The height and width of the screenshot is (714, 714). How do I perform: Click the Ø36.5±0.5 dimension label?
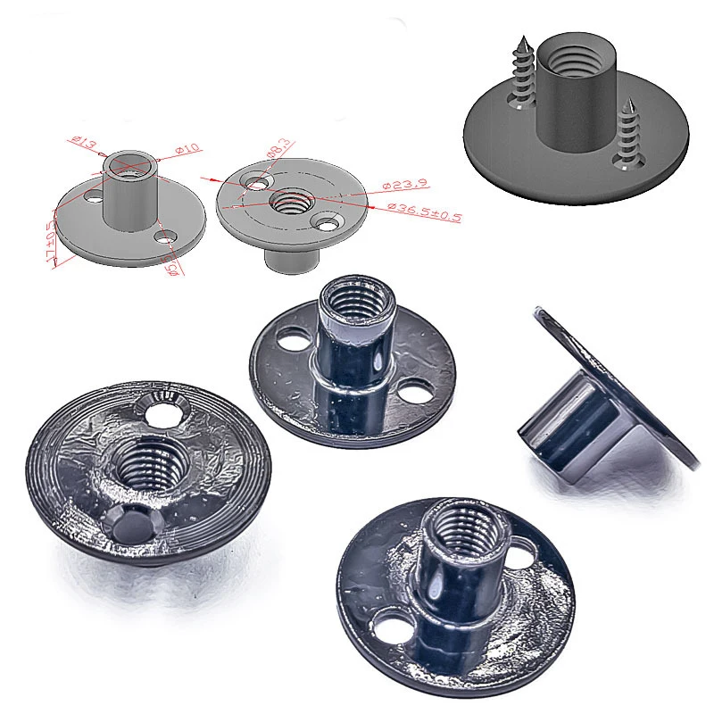(424, 212)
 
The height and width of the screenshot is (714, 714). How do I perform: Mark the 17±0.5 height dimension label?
(56, 238)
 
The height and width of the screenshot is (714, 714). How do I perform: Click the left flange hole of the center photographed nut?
(291, 340)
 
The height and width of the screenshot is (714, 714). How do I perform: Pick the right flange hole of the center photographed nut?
(412, 391)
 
